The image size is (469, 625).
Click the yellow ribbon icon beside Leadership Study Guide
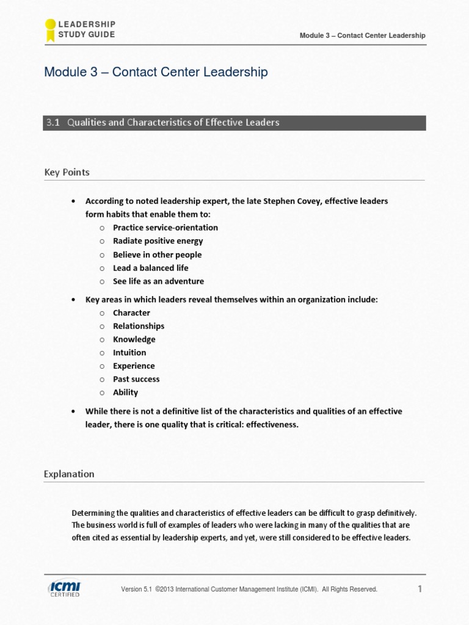tap(50, 30)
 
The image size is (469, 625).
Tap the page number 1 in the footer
tap(420, 588)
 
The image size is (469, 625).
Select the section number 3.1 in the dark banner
tap(53, 123)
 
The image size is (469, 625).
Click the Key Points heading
tap(67, 172)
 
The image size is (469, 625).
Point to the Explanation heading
tap(69, 474)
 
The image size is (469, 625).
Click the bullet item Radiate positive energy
tap(158, 241)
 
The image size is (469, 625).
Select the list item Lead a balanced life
tap(150, 268)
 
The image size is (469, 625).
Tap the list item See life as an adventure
tap(158, 281)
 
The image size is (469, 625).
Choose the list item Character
tap(131, 312)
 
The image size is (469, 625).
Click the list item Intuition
tap(129, 353)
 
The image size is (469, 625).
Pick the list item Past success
tap(136, 379)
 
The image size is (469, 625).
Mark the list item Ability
tap(125, 392)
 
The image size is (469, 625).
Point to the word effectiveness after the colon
tap(272, 424)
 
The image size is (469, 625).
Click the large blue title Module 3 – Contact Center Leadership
tap(156, 72)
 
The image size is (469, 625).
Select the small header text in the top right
tap(362, 35)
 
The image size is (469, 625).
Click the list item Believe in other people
tap(157, 255)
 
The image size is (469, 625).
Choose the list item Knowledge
tap(134, 339)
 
